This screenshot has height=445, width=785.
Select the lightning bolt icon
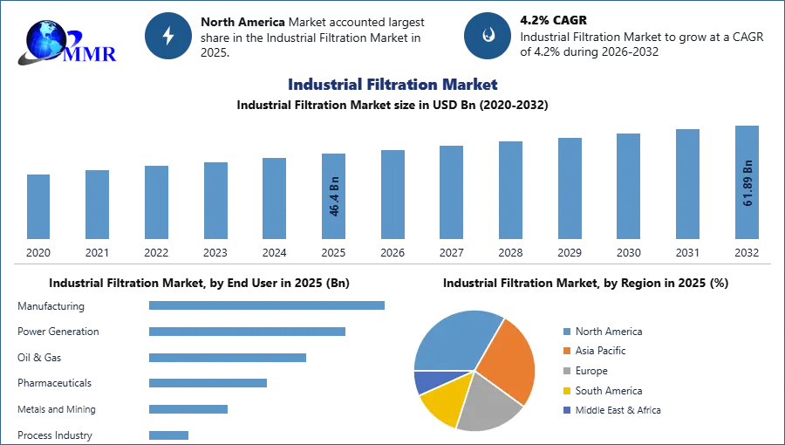coord(169,36)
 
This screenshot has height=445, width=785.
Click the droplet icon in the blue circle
coord(488,36)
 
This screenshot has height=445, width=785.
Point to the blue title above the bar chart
coord(393,85)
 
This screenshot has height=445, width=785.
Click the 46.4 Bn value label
coord(334,199)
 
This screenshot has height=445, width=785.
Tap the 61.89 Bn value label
coord(747,183)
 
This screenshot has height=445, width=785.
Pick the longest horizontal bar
coord(268,306)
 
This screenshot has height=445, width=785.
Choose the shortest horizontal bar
coord(167,432)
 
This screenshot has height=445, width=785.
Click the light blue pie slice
coord(454,340)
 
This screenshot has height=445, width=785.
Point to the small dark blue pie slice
coord(426,381)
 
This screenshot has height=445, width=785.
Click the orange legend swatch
coord(565,351)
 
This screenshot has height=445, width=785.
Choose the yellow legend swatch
coord(565,391)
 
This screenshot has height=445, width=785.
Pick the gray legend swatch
coord(565,371)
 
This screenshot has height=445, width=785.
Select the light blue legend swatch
coord(565,332)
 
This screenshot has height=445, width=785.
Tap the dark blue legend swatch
coord(565,411)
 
